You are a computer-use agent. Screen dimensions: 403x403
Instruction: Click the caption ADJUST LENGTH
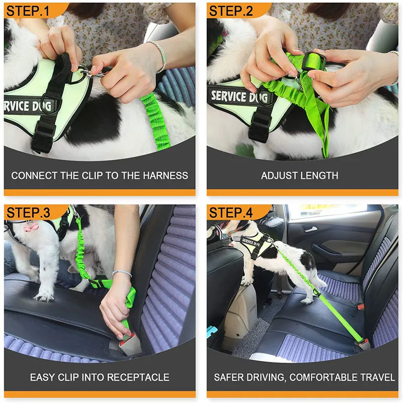click(299, 176)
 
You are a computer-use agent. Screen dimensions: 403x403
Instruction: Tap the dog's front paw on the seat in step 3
click(45, 297)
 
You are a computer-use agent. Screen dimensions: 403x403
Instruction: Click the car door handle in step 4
click(310, 229)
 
